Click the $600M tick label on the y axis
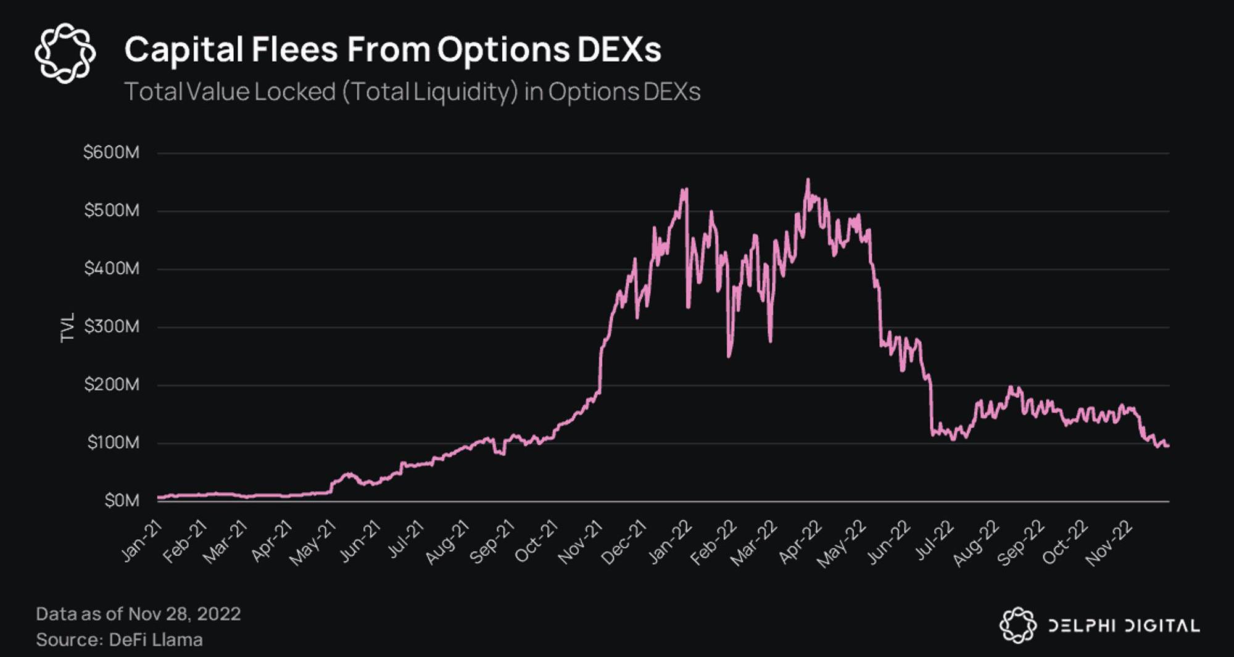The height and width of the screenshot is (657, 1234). click(112, 152)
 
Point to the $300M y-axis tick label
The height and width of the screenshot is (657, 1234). click(112, 326)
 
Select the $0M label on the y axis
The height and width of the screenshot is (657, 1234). click(122, 500)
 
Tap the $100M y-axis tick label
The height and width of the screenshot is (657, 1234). click(113, 442)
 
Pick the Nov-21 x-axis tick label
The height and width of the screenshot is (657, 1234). click(581, 542)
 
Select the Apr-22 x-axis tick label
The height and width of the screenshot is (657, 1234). click(800, 542)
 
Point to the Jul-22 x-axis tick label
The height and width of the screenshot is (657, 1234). click(934, 540)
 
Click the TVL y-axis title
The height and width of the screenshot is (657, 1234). click(67, 327)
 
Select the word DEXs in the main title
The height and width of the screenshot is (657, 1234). click(619, 49)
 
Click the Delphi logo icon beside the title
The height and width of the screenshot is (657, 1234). click(65, 53)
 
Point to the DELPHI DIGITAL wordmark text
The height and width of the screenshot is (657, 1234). click(1124, 626)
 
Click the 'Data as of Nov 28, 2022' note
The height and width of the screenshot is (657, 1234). click(138, 614)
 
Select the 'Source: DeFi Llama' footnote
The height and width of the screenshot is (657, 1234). click(119, 640)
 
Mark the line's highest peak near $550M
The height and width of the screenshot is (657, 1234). click(808, 180)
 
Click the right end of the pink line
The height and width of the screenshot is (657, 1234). click(1168, 446)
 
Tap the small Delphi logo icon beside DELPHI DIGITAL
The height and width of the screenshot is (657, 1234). click(1017, 625)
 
